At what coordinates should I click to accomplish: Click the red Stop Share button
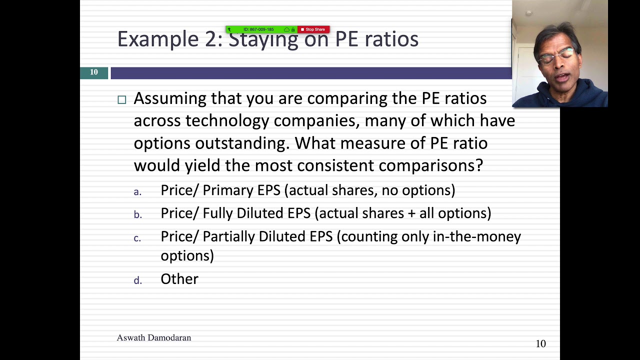pyautogui.click(x=313, y=29)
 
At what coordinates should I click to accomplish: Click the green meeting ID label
pyautogui.click(x=258, y=29)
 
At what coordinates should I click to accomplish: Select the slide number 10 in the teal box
pyautogui.click(x=94, y=72)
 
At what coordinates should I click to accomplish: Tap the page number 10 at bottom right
pyautogui.click(x=540, y=343)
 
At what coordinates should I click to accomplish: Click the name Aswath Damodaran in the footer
pyautogui.click(x=154, y=338)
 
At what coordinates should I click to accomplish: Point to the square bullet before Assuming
pyautogui.click(x=122, y=99)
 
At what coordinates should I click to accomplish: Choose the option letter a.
pyautogui.click(x=137, y=192)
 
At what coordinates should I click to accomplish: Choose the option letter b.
pyautogui.click(x=138, y=215)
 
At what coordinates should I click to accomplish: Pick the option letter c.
pyautogui.click(x=137, y=238)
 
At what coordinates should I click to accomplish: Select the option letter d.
pyautogui.click(x=138, y=280)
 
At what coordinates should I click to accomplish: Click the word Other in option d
pyautogui.click(x=179, y=279)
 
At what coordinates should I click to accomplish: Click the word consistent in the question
pyautogui.click(x=332, y=165)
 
